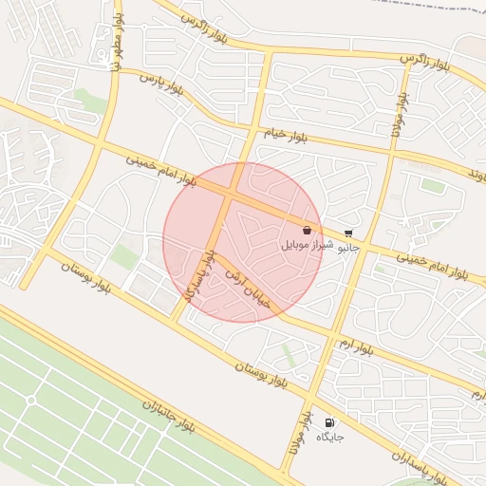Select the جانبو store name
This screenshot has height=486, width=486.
(350, 246)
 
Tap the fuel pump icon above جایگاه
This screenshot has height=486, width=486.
(329, 422)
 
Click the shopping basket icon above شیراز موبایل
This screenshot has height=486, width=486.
(307, 230)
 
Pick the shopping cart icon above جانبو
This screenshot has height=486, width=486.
(349, 233)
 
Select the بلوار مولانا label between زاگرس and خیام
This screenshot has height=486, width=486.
(398, 115)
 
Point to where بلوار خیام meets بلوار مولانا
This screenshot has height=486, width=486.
(392, 148)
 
